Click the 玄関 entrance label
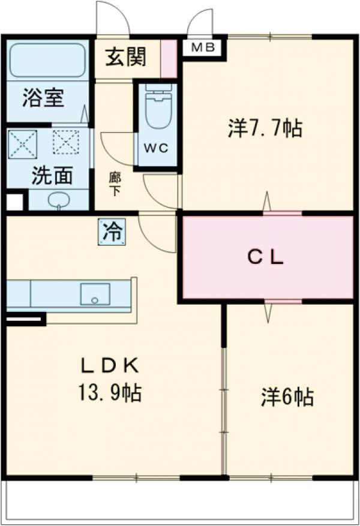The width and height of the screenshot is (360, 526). [x=126, y=58]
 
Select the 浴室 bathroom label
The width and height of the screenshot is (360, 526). [x=43, y=98]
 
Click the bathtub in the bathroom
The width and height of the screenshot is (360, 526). [x=47, y=59]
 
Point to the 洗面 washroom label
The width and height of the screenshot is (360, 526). [x=52, y=175]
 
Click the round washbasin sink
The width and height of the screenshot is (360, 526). [x=58, y=200]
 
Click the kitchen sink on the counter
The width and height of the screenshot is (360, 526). [x=95, y=294]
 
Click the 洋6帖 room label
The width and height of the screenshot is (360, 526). [x=287, y=396]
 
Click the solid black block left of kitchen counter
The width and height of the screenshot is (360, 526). [x=25, y=319]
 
